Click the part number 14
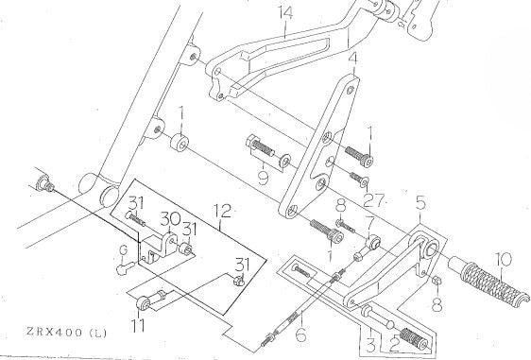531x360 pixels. (x=286, y=13)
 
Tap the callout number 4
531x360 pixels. (x=352, y=59)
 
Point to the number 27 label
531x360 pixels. (x=374, y=200)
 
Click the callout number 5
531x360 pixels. (x=420, y=203)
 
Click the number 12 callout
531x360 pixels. (x=222, y=211)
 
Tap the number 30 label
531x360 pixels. (x=170, y=219)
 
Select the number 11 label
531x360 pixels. (x=139, y=326)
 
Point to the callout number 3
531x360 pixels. (x=370, y=346)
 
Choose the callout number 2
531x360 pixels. (x=394, y=346)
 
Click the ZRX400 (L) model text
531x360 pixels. (x=66, y=333)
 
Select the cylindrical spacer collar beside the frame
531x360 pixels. (x=180, y=142)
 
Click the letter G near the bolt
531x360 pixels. (x=124, y=250)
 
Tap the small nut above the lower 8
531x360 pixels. (x=437, y=281)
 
